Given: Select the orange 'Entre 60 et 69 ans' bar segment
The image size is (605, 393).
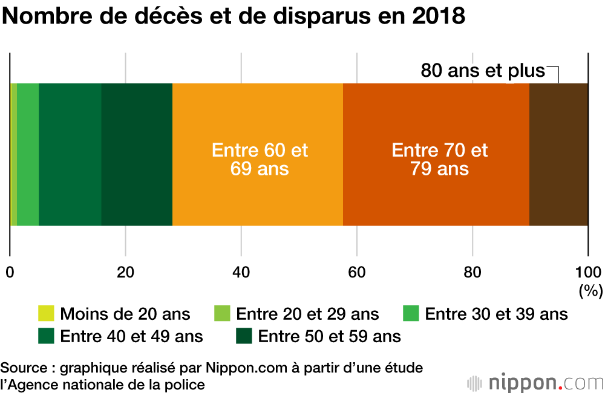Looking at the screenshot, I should (x=258, y=193).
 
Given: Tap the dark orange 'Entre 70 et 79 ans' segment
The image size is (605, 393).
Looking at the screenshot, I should (x=436, y=193).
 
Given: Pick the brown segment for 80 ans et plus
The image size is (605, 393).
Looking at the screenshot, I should (x=558, y=155).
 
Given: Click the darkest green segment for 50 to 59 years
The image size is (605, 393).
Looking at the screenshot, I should (x=137, y=155).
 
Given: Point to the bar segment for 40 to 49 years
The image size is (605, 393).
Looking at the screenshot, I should (x=70, y=155).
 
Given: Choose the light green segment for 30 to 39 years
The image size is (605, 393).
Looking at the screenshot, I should (x=28, y=155).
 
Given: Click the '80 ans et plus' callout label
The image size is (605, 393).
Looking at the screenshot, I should (x=483, y=71).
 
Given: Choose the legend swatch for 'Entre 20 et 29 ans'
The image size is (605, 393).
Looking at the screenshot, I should (x=223, y=314).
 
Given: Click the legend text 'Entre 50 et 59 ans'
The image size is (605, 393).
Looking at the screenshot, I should (x=329, y=336).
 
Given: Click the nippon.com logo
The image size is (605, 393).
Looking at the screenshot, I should (x=536, y=382).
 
